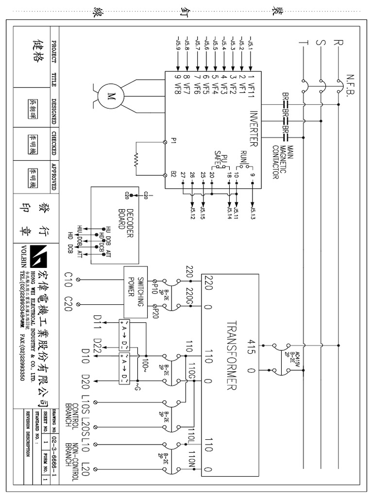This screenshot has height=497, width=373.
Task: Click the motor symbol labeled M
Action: click(x=110, y=95)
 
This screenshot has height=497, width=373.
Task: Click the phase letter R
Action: click(x=337, y=43)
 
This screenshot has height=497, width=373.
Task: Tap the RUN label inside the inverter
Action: click(x=243, y=157)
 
